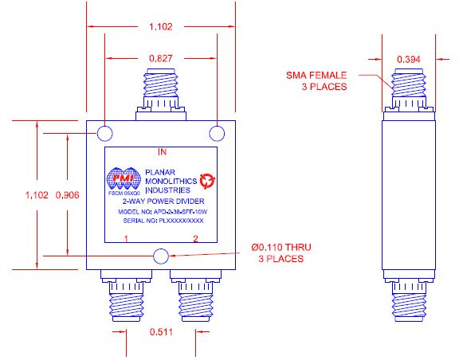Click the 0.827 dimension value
point(161,58)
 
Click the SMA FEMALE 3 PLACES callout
point(316,80)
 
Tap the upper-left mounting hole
point(107,132)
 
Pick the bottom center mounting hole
point(161,256)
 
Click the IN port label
point(162,151)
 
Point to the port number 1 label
point(125,239)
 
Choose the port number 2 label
point(197,239)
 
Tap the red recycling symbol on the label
point(208,180)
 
